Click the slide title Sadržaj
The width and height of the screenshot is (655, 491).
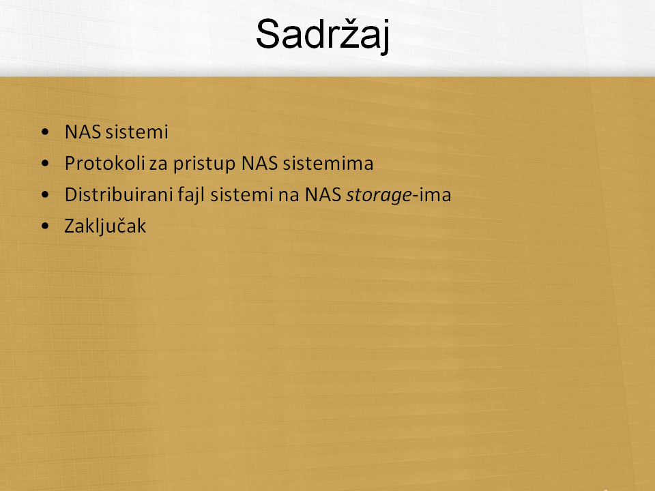[x=323, y=34]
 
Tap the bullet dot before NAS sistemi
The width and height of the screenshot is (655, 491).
[x=45, y=132]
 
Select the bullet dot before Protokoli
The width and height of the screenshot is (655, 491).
[x=45, y=163]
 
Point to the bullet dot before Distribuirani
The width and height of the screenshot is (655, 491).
[x=45, y=194]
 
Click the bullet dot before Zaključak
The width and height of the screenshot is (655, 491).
[x=45, y=226]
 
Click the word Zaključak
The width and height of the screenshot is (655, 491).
[x=105, y=226]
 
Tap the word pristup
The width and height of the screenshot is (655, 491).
[x=204, y=164]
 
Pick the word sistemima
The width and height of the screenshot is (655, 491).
[x=328, y=163]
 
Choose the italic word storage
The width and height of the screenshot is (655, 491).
[x=379, y=196]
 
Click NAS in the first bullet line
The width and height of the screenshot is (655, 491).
[x=83, y=132]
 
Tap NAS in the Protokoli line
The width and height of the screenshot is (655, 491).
[x=259, y=163]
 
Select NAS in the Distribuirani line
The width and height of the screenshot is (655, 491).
[x=323, y=194]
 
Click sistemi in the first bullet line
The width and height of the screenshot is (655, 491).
[x=137, y=132]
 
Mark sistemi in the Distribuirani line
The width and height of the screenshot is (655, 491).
[x=242, y=194]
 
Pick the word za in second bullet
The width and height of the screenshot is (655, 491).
[x=158, y=165]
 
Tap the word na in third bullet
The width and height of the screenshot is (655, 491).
[x=289, y=196]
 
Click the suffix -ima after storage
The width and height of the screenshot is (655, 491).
[x=432, y=194]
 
